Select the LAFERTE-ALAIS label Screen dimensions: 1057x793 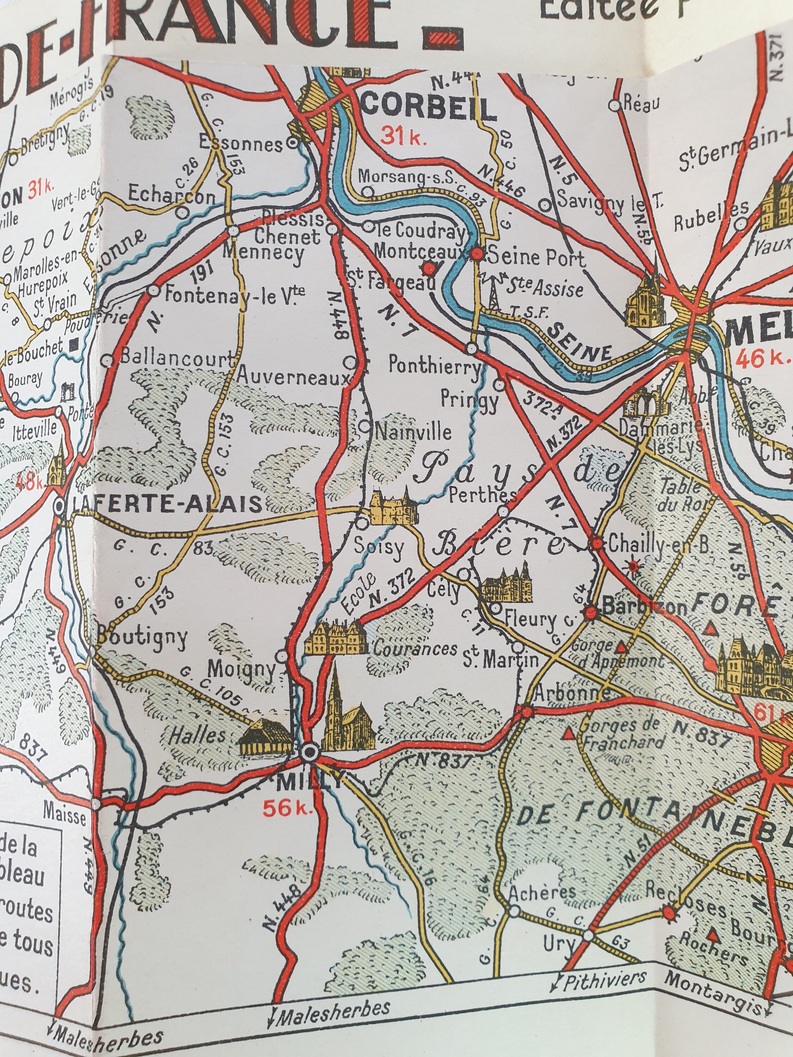point(168,503)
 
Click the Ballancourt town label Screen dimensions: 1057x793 point(177,359)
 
